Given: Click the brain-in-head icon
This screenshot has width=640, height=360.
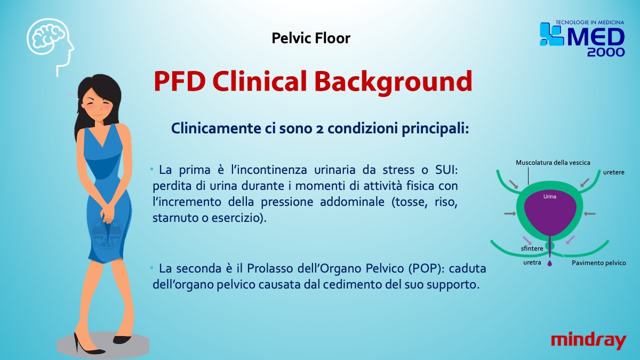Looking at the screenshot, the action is coord(50,46).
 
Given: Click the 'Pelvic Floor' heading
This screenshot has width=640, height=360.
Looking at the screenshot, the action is coord(311,38).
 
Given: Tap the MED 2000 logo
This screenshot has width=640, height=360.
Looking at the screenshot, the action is coord(582,38).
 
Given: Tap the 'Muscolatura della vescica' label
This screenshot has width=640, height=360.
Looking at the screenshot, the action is coord(553,163).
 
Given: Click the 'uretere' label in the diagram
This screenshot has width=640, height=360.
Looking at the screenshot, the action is coord(614,172).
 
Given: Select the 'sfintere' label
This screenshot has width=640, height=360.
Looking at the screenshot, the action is coord(532,249).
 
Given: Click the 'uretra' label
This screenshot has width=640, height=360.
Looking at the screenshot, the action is coord(532,262).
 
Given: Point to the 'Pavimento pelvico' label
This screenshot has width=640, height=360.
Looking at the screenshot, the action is coord(598,263).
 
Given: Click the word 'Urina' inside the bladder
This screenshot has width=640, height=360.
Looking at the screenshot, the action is coord(550,197).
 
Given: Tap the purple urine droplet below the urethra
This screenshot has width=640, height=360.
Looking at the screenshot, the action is coord(550,263).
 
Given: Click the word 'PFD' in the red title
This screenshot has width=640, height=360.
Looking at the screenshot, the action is coord(180,82).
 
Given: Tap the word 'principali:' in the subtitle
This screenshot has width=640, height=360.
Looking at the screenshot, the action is coord(435,129).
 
